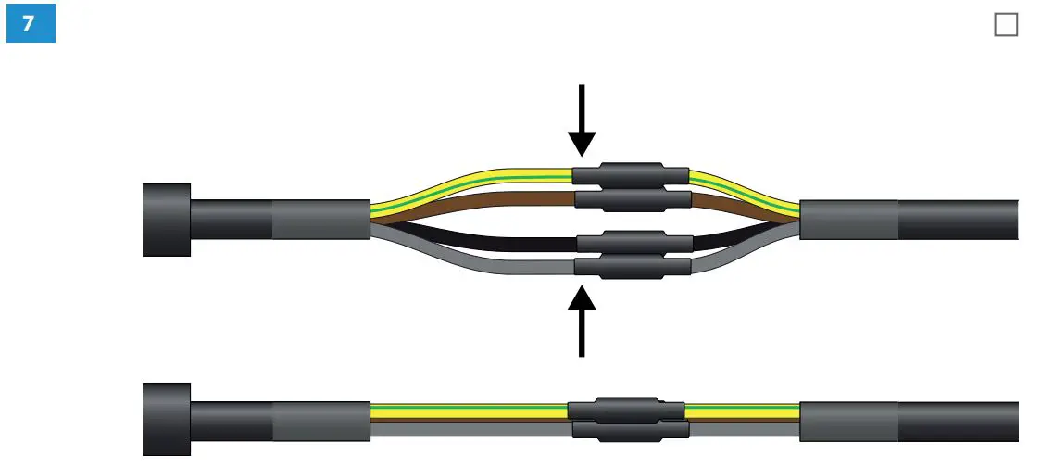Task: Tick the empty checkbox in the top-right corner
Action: [1005, 25]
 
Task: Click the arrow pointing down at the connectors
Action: [582, 120]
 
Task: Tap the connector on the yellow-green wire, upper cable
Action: [630, 175]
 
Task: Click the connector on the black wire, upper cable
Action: [634, 243]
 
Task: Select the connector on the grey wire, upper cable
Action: [633, 267]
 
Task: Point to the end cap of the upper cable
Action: [167, 220]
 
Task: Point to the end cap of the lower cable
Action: [167, 419]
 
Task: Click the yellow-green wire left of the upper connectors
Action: [463, 181]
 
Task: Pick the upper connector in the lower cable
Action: [626, 410]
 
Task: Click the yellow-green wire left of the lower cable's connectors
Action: [463, 409]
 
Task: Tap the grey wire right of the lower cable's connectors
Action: [741, 429]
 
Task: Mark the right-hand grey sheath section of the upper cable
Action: [848, 220]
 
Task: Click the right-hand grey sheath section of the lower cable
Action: [848, 419]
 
